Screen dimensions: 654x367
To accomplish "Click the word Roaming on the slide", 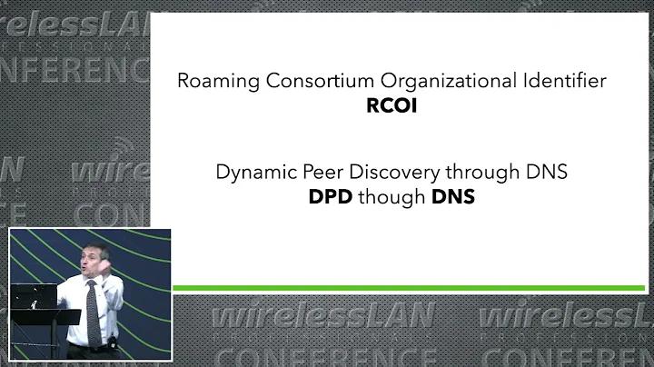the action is coord(218,82).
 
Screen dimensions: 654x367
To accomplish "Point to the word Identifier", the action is coord(565,81).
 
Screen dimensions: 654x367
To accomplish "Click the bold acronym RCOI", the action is coord(391,105).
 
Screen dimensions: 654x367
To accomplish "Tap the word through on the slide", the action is coord(482,173).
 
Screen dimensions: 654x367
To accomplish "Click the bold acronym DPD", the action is coord(331,197).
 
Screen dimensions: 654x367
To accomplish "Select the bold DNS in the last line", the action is coord(453,197).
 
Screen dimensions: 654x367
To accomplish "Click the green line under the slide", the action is coord(409,288).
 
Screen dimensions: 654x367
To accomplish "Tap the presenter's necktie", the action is coord(94,312).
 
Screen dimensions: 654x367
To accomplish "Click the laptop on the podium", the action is coord(34,296).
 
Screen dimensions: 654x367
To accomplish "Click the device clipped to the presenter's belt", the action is coord(112,342).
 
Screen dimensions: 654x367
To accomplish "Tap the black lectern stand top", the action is coord(45,317).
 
